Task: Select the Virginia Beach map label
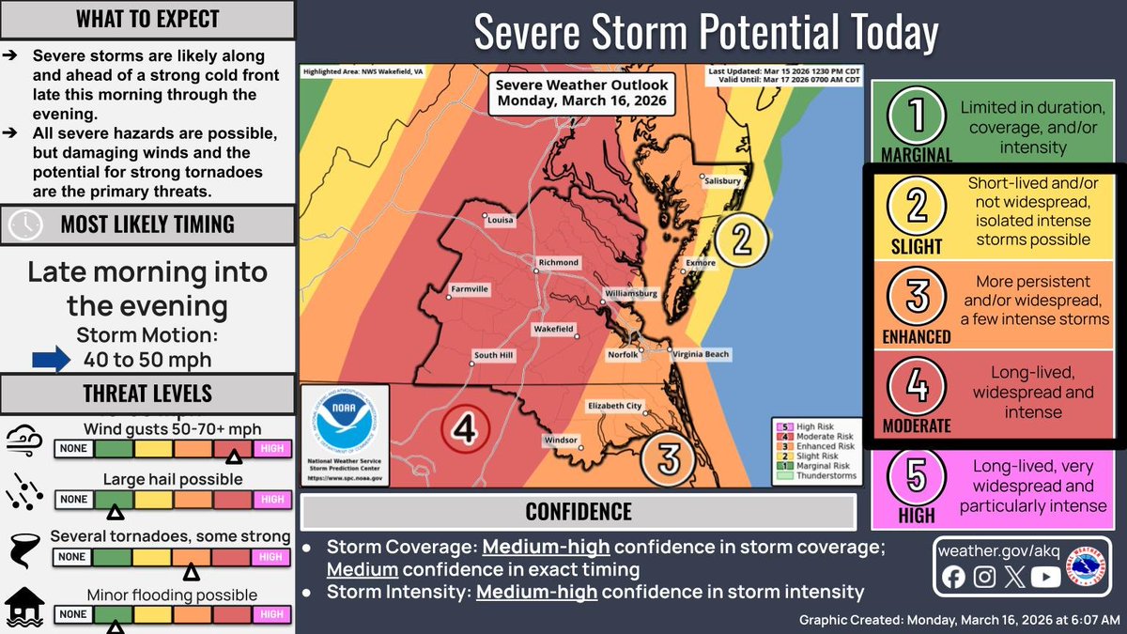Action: [x=701, y=354]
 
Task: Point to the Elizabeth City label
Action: [x=614, y=406]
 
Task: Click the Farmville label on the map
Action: [x=470, y=289]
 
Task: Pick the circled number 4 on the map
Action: [x=464, y=429]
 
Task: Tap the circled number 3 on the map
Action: [x=668, y=458]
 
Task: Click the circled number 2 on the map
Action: [x=741, y=239]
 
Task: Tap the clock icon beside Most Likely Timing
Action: [x=25, y=224]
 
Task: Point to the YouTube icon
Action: [x=1044, y=578]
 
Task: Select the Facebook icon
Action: [x=953, y=578]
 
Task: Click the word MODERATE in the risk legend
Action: [x=917, y=426]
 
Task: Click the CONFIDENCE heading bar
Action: [x=578, y=512]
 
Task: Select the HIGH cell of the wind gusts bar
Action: [x=270, y=448]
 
